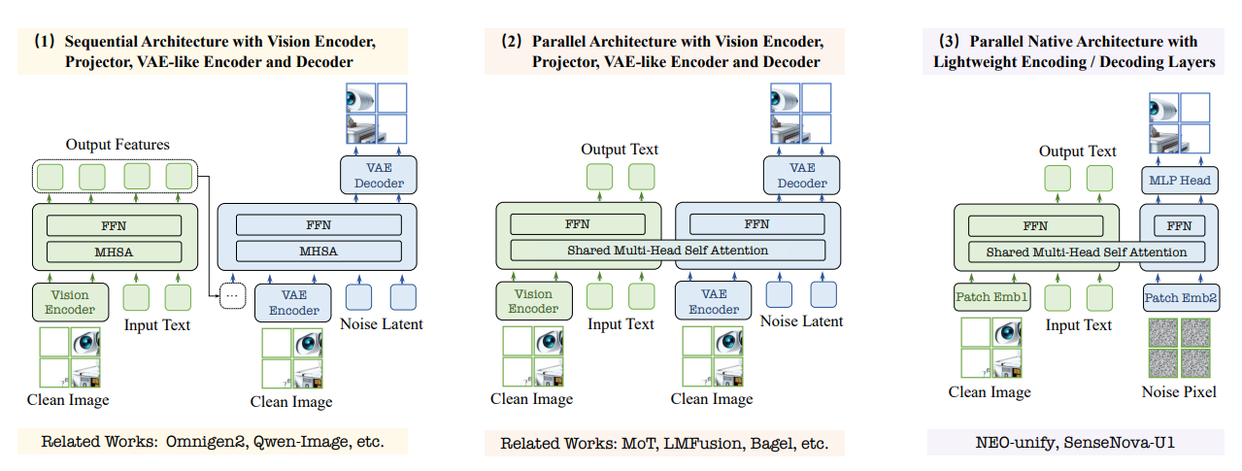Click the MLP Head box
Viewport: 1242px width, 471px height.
(1179, 181)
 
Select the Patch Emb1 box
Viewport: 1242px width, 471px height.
(990, 297)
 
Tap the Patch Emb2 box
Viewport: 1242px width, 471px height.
(1181, 298)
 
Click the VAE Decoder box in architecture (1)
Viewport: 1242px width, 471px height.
(379, 175)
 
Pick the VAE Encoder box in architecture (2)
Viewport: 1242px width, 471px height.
(714, 301)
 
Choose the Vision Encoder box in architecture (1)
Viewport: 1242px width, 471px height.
(70, 302)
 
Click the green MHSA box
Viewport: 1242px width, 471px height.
(115, 252)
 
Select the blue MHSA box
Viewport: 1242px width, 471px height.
(319, 252)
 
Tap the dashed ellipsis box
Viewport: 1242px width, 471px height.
(232, 295)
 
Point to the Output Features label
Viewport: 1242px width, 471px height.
(117, 145)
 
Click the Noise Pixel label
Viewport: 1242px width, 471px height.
(1179, 392)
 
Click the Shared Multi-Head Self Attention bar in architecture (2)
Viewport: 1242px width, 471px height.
(667, 251)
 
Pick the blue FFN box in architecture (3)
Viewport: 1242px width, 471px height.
(1179, 226)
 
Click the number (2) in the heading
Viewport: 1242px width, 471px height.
(511, 42)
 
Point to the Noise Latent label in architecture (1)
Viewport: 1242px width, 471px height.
(382, 324)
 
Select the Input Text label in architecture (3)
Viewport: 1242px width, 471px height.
(1079, 325)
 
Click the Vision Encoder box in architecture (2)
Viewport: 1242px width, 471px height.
(534, 301)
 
